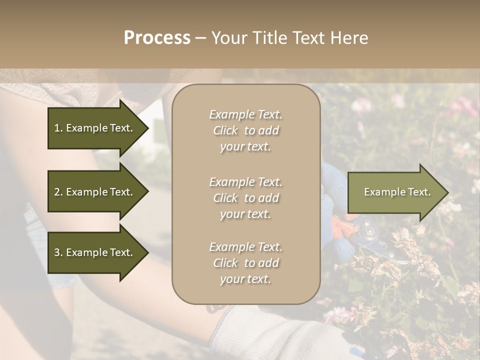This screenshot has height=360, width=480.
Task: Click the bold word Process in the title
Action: coord(157,38)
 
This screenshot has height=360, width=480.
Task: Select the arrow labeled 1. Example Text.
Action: coord(95,128)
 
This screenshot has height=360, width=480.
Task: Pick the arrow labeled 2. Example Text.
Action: coord(95,192)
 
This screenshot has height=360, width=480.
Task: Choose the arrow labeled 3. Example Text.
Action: coord(95,252)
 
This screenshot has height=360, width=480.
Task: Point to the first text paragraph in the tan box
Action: coord(245,130)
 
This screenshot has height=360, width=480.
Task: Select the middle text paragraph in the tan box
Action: coord(245,198)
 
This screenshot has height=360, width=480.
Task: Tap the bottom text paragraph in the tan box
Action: coord(245,263)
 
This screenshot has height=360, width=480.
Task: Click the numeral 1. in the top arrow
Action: coord(58,128)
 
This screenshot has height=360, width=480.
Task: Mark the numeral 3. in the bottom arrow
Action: coord(58,252)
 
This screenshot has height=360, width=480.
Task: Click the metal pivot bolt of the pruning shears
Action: coord(370,230)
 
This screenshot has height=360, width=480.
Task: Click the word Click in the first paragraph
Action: coord(225,130)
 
